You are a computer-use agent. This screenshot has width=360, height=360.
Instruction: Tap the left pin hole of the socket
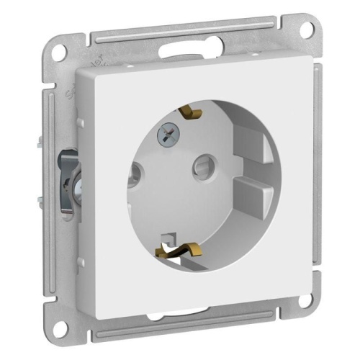pyautogui.click(x=134, y=173)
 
